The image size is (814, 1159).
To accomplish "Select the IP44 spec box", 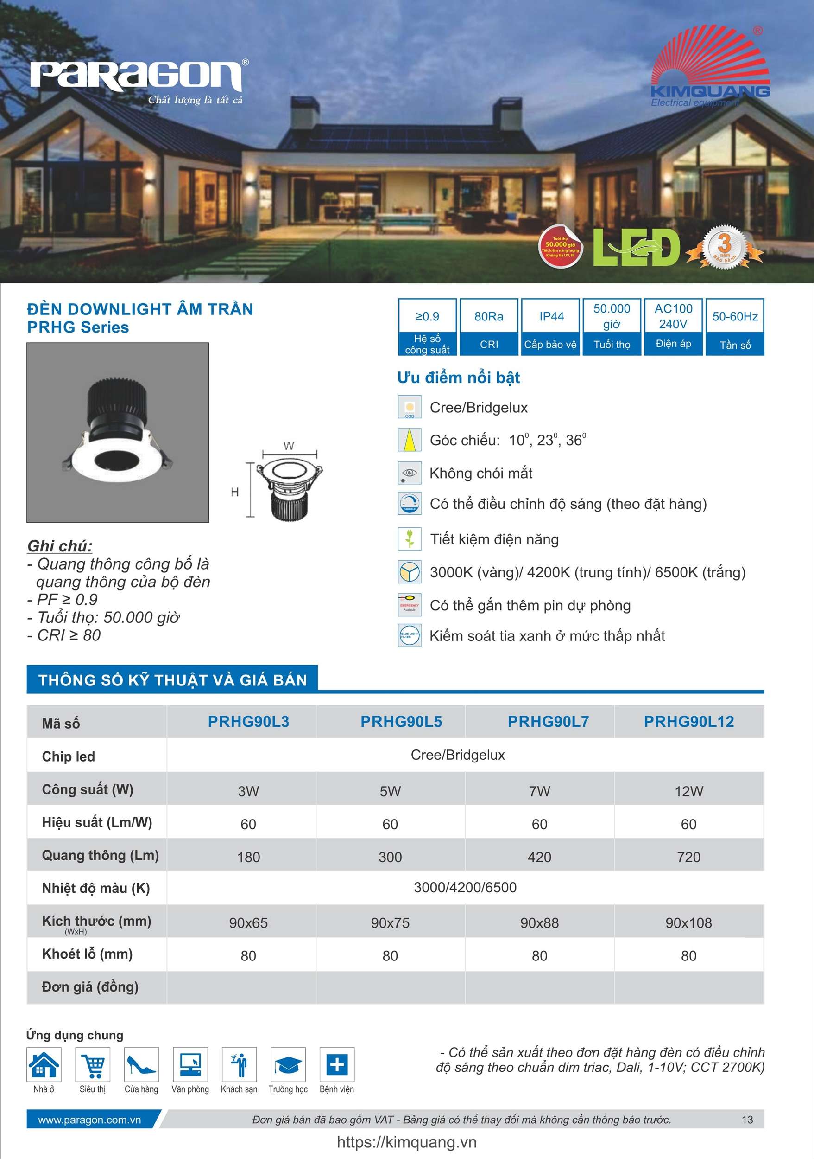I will pos(551,327).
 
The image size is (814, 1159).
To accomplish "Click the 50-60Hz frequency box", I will pos(735,327).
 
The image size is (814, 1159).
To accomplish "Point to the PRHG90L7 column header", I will pos(548,722).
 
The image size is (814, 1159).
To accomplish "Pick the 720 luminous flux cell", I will pos(688,857).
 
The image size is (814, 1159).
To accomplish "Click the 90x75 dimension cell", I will pos(390,923).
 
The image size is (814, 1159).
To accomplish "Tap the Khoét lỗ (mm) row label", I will pos(87,954).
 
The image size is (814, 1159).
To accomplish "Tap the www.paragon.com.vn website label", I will pos(90,1120).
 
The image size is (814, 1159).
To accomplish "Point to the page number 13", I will pos(747,1120).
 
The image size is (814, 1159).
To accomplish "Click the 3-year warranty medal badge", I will pos(724,247).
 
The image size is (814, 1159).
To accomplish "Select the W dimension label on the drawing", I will pos(289,446).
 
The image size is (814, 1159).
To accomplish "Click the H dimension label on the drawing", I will pos(234,492).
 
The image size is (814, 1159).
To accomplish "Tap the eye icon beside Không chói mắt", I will pos(409,473).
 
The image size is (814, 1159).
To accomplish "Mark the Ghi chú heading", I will pos(59,546).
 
